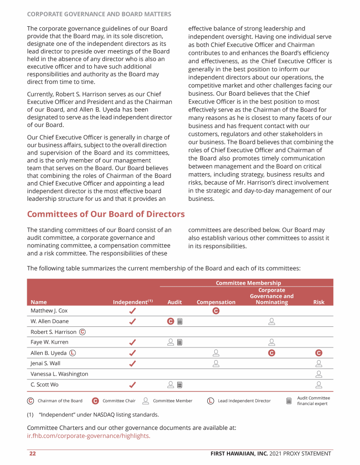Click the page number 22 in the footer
tap(32, 453)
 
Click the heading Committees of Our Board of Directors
tap(106, 214)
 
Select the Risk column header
tap(319, 303)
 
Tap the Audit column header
tap(174, 303)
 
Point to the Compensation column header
tap(216, 303)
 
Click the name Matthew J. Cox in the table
tap(49, 310)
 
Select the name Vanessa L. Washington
tap(59, 374)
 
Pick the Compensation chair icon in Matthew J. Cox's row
tap(216, 311)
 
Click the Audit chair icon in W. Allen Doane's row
tap(171, 321)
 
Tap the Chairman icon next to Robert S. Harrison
tap(82, 332)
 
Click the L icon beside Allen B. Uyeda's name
tap(73, 353)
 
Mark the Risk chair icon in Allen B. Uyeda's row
tap(319, 353)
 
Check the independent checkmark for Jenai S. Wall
tap(133, 363)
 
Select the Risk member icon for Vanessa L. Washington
tap(319, 374)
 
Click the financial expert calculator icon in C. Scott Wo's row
tap(180, 385)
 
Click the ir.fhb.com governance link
tap(89, 436)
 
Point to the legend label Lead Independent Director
tap(244, 401)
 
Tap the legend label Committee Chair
tap(119, 401)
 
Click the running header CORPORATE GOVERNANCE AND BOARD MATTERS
tap(99, 15)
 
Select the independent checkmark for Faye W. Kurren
tap(133, 342)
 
